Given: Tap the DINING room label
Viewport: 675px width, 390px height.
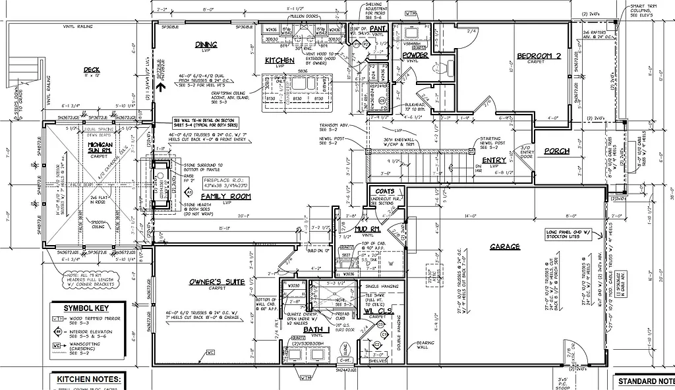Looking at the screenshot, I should (202, 45).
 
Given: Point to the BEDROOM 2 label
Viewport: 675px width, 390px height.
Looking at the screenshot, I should (539, 56).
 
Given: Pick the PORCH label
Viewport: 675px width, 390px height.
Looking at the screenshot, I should (556, 151).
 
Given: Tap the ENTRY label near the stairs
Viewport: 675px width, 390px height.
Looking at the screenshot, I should (494, 160).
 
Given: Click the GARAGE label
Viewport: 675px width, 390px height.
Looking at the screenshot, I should (505, 247).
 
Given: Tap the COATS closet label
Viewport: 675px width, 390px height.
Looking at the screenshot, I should (385, 192).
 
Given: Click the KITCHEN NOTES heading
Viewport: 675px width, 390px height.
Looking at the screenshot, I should (90, 380).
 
